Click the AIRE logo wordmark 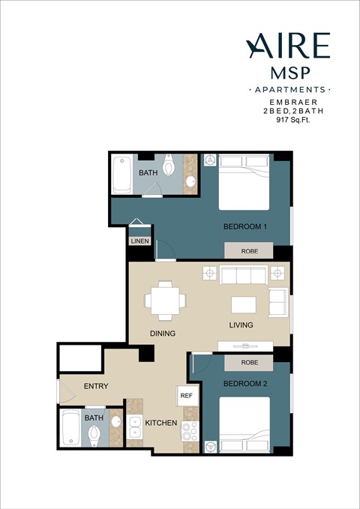coord(289,46)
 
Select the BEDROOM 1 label coord(245,226)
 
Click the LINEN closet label coord(139,241)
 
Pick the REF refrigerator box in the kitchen coord(186,395)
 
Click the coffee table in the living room coord(243,304)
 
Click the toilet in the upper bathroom coord(169,163)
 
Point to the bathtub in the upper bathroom coord(122,175)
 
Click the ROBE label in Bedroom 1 coord(250,252)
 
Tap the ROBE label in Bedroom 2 coord(250,362)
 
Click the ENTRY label coord(96,387)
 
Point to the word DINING coord(162,334)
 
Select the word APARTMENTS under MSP coord(289,90)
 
